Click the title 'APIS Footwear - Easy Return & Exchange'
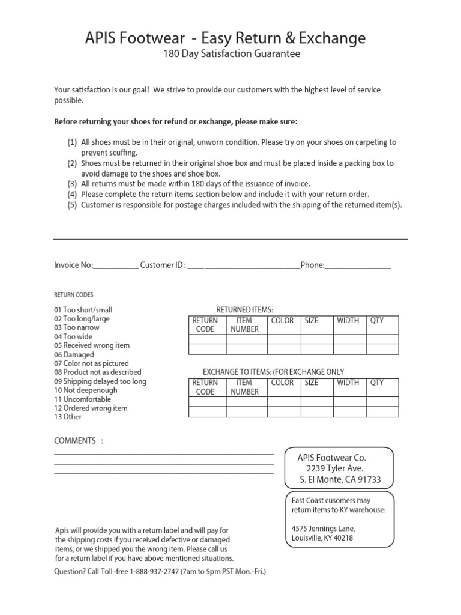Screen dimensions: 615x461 pos(226,38)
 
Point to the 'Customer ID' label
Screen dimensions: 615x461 pos(162,265)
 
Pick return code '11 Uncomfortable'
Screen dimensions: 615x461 pos(83,399)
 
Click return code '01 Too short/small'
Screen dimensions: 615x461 pos(83,310)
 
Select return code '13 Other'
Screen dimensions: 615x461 pos(68,417)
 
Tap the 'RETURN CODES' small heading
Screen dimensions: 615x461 pos(74,295)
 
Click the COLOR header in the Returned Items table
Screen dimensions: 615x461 pos(282,321)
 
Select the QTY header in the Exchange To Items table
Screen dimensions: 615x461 pos(376,383)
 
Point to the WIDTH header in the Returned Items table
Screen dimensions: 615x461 pos(348,321)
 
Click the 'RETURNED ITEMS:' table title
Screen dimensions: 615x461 pos(244,309)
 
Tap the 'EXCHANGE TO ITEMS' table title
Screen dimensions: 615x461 pos(273,372)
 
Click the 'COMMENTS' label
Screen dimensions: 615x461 pos(75,441)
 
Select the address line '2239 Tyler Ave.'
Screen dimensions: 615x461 pos(334,468)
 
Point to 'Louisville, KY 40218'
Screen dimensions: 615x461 pos(322,538)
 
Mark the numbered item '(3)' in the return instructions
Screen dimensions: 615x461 pos(72,184)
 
